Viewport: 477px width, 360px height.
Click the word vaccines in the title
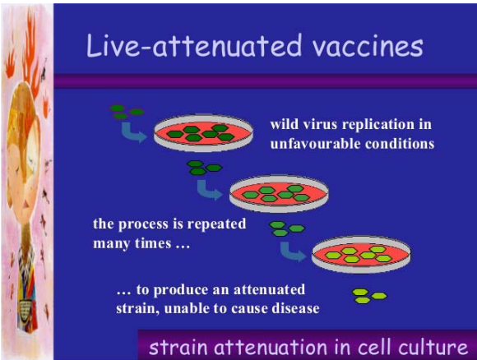click(368, 46)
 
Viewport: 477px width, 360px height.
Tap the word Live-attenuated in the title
click(194, 45)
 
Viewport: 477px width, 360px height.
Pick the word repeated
click(216, 224)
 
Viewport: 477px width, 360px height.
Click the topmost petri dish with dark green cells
click(203, 133)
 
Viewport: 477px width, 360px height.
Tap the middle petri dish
click(279, 193)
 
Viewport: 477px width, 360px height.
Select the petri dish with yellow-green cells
click(361, 255)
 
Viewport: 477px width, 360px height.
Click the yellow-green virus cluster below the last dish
click(369, 296)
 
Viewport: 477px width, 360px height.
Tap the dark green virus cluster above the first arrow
click(127, 112)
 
